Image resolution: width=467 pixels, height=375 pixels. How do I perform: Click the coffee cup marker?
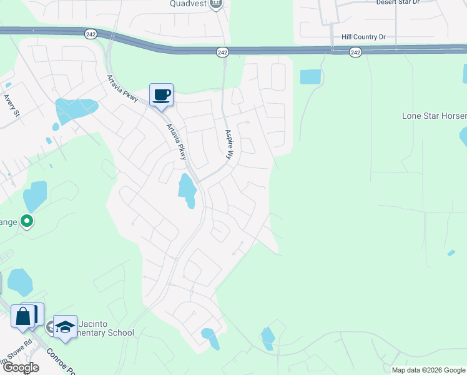(161, 95)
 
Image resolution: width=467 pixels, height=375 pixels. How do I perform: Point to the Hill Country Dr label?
(363, 37)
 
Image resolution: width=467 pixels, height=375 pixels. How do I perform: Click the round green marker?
(27, 221)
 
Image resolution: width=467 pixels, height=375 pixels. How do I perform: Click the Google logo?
(21, 367)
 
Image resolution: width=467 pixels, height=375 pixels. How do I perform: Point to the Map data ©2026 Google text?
(428, 370)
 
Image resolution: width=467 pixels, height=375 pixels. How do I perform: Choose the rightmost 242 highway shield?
(355, 52)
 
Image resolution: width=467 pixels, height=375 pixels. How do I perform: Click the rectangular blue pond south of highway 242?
(310, 77)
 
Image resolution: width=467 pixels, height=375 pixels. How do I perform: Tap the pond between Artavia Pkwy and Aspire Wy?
(187, 190)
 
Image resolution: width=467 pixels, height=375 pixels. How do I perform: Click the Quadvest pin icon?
(217, 4)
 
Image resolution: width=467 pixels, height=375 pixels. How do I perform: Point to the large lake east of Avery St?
(74, 109)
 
